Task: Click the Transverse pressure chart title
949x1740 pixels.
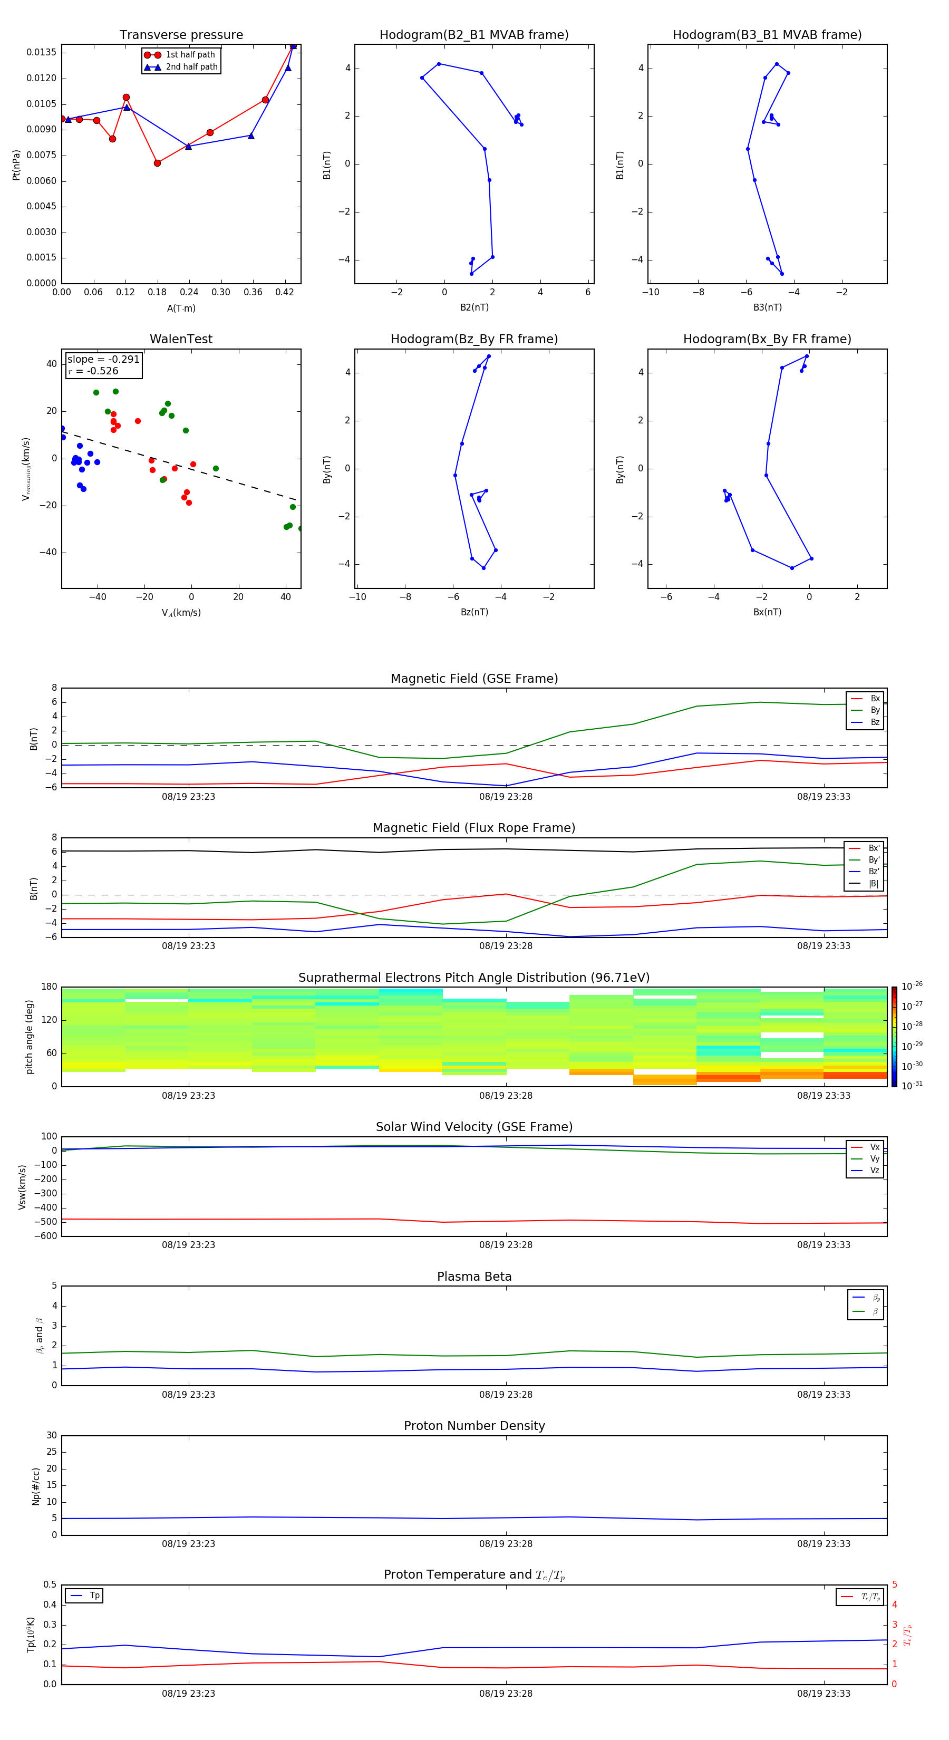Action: [x=181, y=35]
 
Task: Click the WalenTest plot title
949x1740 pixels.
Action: [x=181, y=339]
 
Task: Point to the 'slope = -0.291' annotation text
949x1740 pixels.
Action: [x=103, y=360]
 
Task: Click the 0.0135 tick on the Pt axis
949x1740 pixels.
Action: [x=41, y=53]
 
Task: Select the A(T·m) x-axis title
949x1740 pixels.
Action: [x=181, y=308]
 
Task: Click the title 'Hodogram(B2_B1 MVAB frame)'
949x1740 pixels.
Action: [x=473, y=35]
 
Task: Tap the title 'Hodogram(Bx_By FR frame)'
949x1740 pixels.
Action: [x=767, y=339]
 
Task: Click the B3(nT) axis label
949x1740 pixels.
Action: [x=767, y=307]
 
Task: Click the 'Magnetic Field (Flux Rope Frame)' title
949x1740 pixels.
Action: [x=473, y=828]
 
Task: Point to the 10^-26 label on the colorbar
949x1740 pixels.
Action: [x=911, y=986]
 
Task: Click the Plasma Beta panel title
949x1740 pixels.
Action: [x=473, y=1277]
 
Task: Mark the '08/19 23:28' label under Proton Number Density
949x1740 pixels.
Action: [x=505, y=1543]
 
